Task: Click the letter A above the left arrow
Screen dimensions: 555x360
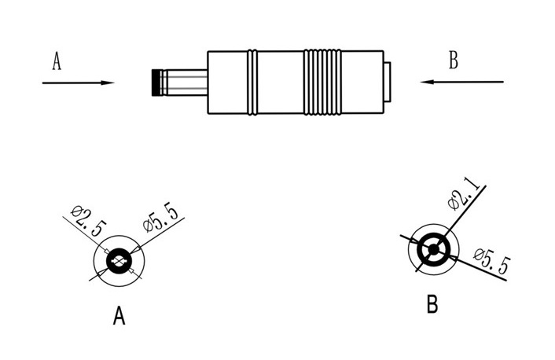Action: click(57, 61)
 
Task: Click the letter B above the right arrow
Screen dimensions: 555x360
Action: click(454, 60)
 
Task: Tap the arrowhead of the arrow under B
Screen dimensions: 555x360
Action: click(427, 82)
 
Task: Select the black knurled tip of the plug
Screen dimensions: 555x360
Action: click(156, 83)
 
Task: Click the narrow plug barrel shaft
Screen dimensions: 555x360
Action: click(184, 83)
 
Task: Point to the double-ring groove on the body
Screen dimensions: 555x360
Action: click(252, 82)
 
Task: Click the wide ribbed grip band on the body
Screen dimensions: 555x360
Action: click(322, 82)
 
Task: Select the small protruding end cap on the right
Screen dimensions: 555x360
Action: click(388, 82)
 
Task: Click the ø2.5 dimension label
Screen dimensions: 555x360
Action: click(89, 221)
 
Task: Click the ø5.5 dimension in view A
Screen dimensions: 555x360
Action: click(161, 217)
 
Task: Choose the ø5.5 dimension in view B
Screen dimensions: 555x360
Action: click(492, 260)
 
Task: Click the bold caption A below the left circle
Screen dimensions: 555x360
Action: click(119, 316)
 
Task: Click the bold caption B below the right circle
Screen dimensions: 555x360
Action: click(432, 303)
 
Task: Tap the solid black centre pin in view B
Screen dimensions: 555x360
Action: click(434, 250)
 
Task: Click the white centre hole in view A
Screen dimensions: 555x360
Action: click(119, 262)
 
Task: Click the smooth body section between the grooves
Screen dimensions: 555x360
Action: click(281, 82)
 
